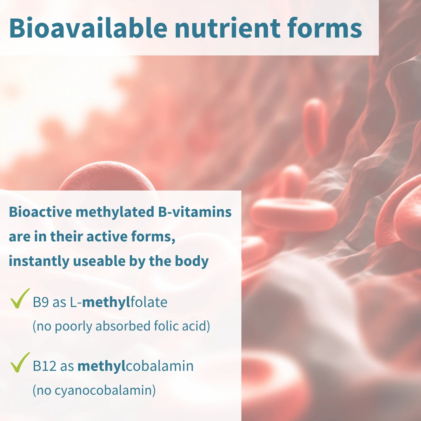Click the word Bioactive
pyautogui.click(x=41, y=212)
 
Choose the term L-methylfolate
pyautogui.click(x=119, y=302)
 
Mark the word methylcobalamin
pyautogui.click(x=135, y=366)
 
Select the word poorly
pyautogui.click(x=74, y=327)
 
